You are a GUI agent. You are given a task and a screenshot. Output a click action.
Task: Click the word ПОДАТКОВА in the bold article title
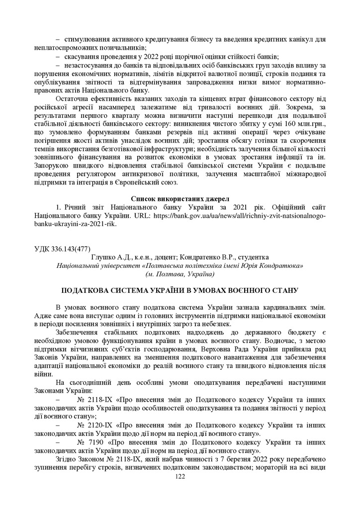86,290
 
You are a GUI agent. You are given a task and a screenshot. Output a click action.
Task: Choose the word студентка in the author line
253,257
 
